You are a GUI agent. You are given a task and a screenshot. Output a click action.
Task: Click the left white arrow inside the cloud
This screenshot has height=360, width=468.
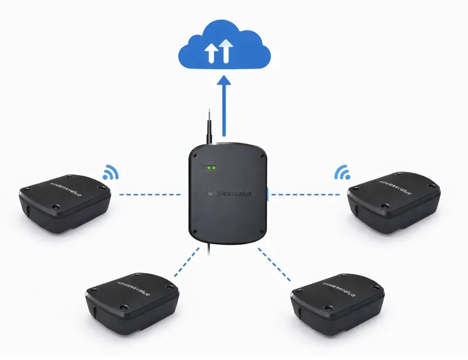(x=210, y=53)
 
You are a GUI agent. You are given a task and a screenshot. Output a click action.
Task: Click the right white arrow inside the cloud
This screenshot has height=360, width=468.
(x=225, y=51)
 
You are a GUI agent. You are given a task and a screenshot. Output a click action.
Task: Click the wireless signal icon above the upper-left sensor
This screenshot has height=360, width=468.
(x=110, y=173)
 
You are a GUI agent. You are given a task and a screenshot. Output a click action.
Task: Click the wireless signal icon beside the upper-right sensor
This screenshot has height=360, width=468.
(x=343, y=173)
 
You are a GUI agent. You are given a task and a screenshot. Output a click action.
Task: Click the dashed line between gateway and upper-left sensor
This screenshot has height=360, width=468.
(x=150, y=194)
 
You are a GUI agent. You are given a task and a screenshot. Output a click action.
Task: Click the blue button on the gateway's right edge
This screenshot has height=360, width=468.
(x=268, y=194)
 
